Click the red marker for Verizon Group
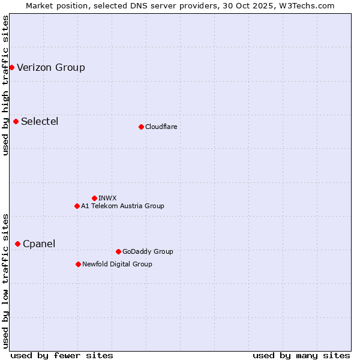11,67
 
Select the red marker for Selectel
16,121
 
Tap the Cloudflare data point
141,127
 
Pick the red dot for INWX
94,198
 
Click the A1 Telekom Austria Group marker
77,206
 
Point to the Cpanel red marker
17,244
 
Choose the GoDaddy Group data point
118,251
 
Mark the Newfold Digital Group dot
78,264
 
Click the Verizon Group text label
51,67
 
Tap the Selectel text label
40,121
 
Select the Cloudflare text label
161,127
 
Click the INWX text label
107,198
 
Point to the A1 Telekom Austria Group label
122,206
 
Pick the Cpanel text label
39,244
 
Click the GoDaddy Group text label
148,251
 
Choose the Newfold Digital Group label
117,264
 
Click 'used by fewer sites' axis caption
62,355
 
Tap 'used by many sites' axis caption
301,355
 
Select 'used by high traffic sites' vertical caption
5,85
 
